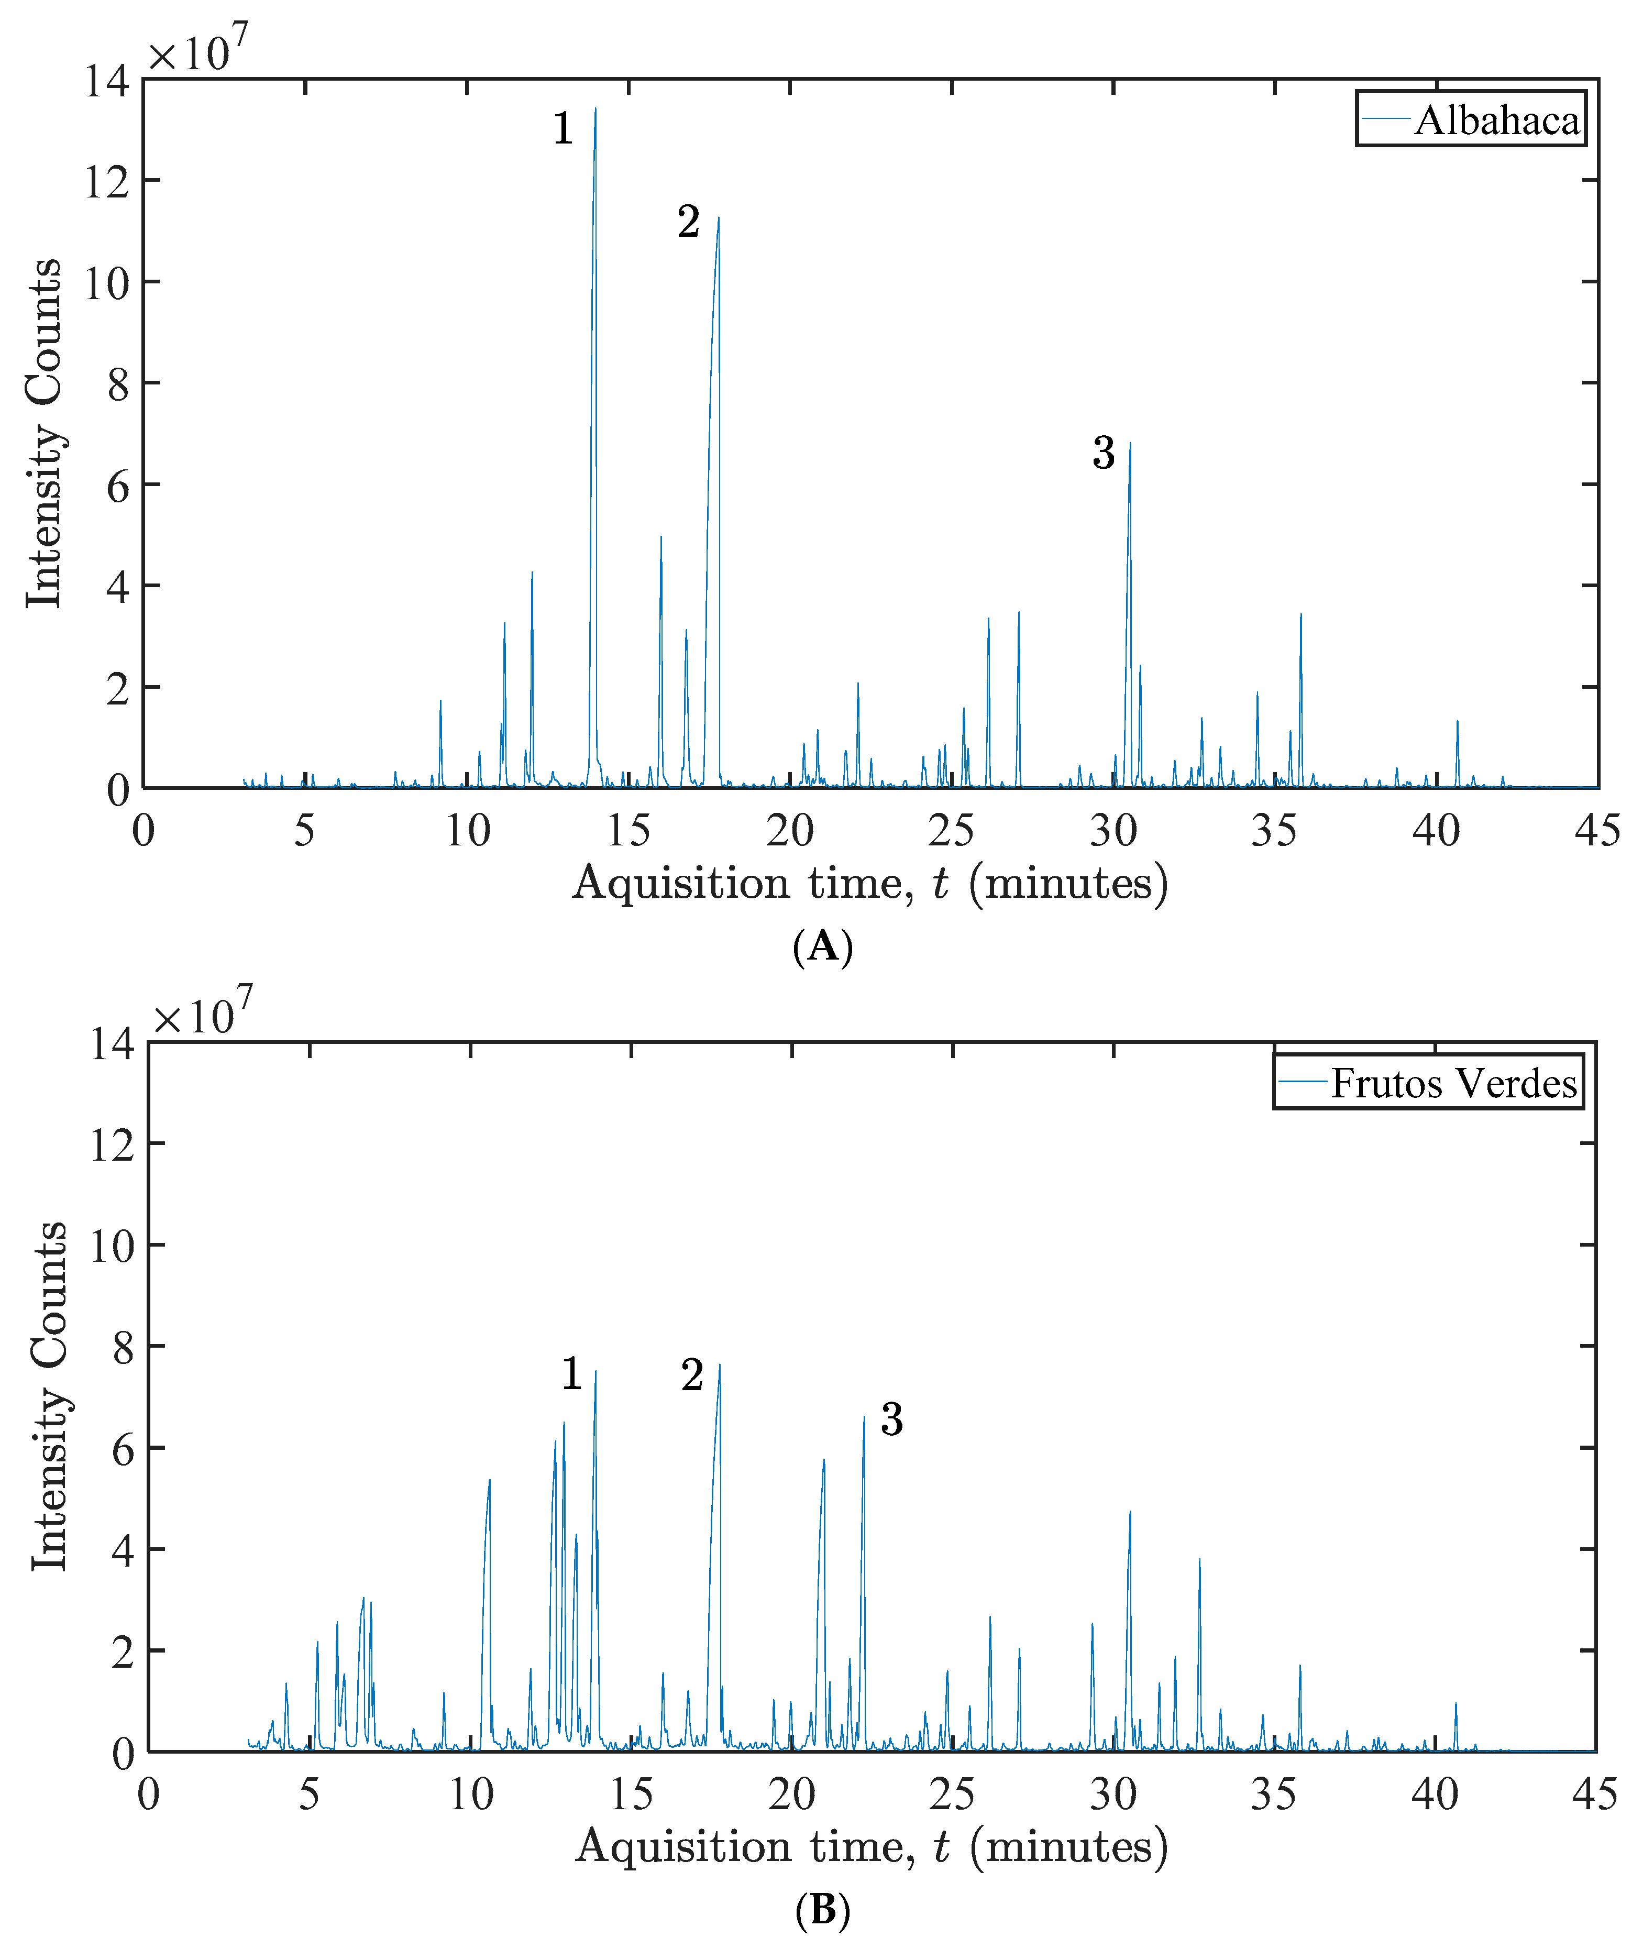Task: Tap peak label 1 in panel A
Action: pyautogui.click(x=563, y=128)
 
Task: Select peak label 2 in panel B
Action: pyautogui.click(x=691, y=1375)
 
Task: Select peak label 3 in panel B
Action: pyautogui.click(x=891, y=1419)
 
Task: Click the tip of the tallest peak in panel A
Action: pyautogui.click(x=595, y=109)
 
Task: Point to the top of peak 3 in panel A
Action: pyautogui.click(x=1130, y=444)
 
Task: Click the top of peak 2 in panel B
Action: pyautogui.click(x=719, y=1365)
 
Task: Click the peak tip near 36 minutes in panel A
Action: pyautogui.click(x=1300, y=614)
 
